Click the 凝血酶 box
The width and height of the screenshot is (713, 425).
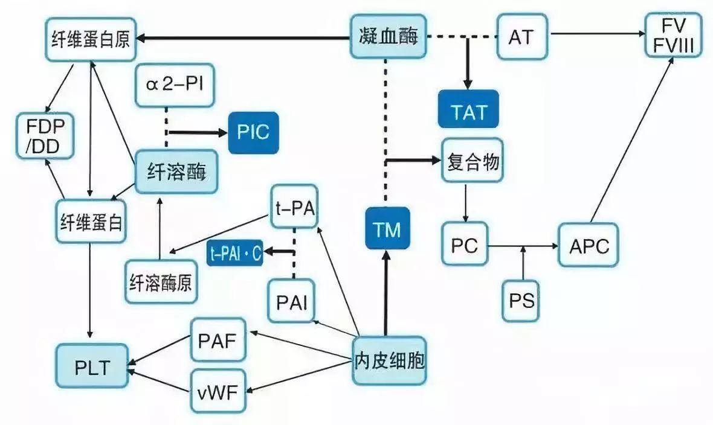click(x=387, y=37)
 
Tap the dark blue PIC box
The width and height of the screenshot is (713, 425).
click(x=253, y=132)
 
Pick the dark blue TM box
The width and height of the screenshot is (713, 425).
click(x=387, y=229)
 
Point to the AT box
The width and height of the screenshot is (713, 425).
click(x=521, y=37)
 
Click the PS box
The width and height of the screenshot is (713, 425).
click(x=521, y=299)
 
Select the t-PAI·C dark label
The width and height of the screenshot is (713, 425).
click(x=235, y=255)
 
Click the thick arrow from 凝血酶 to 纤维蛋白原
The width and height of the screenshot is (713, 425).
click(x=242, y=37)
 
